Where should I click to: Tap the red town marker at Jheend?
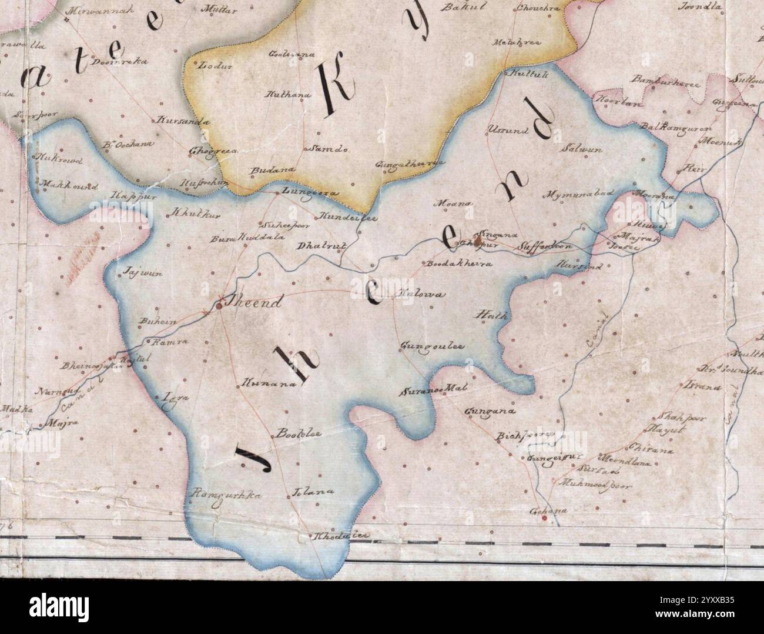[219, 305]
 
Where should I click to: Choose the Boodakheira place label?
[458, 264]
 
